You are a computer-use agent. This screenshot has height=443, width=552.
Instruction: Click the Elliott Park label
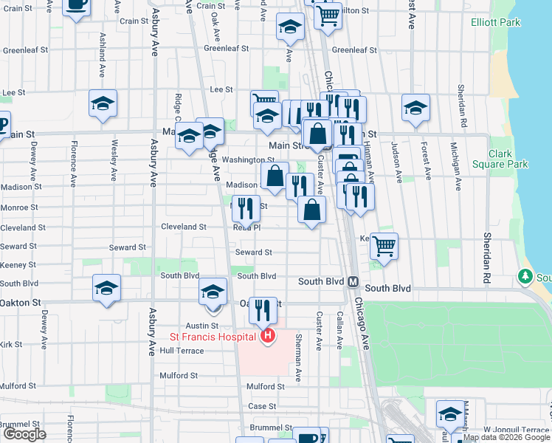point(495,22)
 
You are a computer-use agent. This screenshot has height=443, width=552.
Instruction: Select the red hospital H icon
point(268,337)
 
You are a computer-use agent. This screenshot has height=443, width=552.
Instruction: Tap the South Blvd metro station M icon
point(353,282)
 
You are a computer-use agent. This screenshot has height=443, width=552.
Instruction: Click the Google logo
point(24,433)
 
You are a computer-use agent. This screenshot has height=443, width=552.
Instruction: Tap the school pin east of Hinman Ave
point(415,108)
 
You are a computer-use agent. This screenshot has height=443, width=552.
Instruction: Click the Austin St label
point(202,326)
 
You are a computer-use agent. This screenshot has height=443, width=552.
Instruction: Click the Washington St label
point(248,159)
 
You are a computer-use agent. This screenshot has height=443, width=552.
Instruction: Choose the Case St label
point(262,406)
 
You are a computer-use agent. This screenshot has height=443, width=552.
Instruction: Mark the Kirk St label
point(11,344)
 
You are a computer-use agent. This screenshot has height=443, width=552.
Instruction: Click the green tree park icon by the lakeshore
point(525,276)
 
